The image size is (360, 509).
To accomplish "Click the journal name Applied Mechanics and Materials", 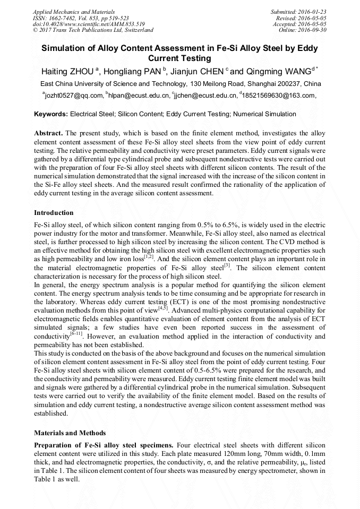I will tap(67, 11).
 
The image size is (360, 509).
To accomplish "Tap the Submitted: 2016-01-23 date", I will tap(298, 11).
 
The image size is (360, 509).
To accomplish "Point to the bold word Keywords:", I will tap(51, 114).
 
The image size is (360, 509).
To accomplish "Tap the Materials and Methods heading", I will tap(70, 433).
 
